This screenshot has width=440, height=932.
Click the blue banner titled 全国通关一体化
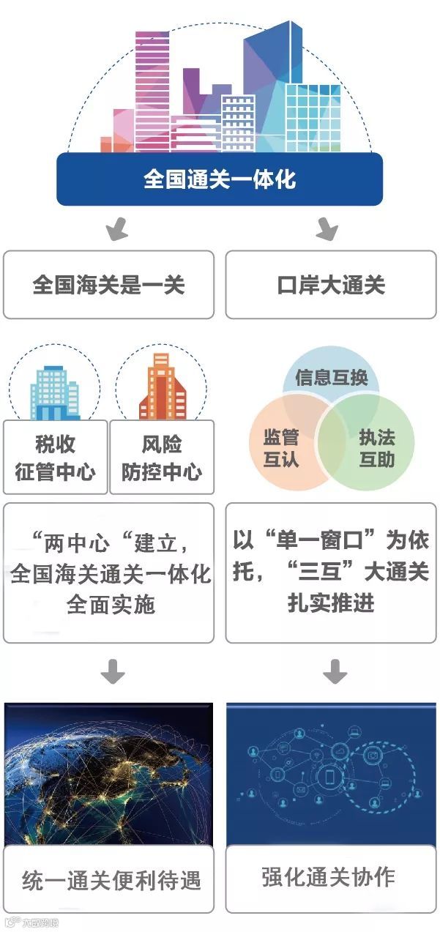tap(220, 179)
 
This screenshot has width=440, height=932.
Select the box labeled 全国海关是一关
tap(108, 285)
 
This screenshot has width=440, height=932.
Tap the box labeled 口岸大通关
tap(331, 285)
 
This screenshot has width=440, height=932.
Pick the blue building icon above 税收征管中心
tap(56, 392)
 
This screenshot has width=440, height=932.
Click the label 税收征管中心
tap(55, 458)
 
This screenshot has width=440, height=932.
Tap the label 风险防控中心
tap(162, 458)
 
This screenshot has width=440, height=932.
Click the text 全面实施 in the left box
tap(111, 605)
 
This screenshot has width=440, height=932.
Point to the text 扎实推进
tap(331, 603)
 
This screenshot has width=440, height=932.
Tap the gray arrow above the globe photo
tap(113, 671)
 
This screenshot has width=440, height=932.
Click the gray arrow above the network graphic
tap(335, 671)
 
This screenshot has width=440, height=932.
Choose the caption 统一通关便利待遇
tap(111, 879)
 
